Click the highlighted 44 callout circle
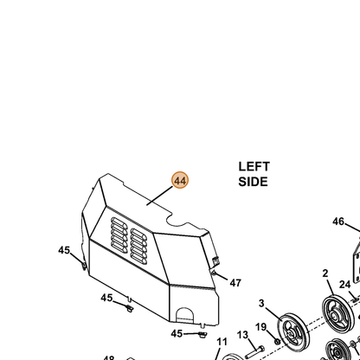point(180,181)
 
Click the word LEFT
point(254,167)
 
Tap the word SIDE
point(253,182)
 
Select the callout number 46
point(338,222)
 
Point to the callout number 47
point(235,283)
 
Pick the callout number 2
point(325,273)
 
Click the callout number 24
point(344,285)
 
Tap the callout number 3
point(261,304)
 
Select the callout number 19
point(260,327)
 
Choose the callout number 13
point(242,335)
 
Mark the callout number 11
point(222,342)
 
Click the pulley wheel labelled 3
point(293,331)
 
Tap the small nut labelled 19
point(277,342)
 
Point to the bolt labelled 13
point(254,352)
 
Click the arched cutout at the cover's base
point(185,315)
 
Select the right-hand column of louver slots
point(139,247)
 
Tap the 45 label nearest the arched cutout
point(177,334)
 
